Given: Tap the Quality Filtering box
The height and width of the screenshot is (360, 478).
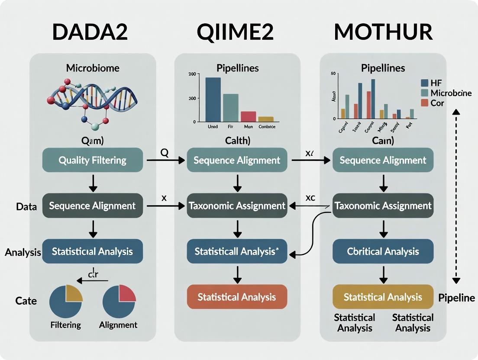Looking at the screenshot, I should point(93,161).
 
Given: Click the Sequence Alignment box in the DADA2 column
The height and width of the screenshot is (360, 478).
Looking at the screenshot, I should point(93,206).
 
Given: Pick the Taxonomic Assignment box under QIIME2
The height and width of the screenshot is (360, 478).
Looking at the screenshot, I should point(237,206).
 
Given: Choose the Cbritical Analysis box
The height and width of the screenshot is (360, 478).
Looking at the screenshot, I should point(383,251).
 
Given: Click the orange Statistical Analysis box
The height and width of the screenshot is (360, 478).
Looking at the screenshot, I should point(237,297).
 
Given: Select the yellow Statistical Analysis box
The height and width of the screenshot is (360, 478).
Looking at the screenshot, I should point(383,297).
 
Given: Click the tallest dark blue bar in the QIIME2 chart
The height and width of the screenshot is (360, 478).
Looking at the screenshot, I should point(213,100).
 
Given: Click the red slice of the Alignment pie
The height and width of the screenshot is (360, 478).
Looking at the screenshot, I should point(127,294).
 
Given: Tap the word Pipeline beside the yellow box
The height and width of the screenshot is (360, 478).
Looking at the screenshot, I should point(456,298).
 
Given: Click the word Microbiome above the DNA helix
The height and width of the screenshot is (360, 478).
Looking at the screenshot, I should point(93,68).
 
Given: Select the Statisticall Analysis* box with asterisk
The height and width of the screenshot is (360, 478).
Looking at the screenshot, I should point(237,251).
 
